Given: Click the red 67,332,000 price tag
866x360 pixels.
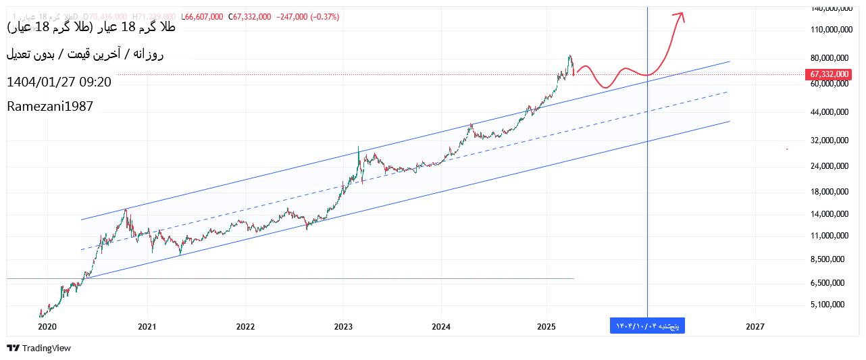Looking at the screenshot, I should [x=829, y=74].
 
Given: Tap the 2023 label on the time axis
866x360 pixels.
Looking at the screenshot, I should [x=343, y=327].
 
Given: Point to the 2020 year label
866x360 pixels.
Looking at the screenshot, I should [x=47, y=327].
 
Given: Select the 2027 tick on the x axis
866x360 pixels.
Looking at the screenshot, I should [x=755, y=327].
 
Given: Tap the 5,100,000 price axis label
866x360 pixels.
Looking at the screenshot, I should [x=830, y=305].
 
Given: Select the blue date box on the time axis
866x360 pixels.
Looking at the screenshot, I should [x=647, y=326].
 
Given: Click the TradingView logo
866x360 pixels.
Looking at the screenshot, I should [x=39, y=348].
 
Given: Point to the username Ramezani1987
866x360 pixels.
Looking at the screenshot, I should [x=50, y=106].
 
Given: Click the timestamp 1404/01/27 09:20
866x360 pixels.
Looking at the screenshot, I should [x=59, y=82].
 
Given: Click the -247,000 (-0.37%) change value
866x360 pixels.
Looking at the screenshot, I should [x=308, y=17].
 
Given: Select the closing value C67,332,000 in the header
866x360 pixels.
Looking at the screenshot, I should [x=250, y=17].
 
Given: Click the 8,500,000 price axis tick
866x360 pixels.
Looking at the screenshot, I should [x=830, y=259].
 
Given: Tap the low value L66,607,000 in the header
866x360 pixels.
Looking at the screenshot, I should [x=202, y=17].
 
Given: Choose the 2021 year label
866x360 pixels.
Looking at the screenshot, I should [x=147, y=327].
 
